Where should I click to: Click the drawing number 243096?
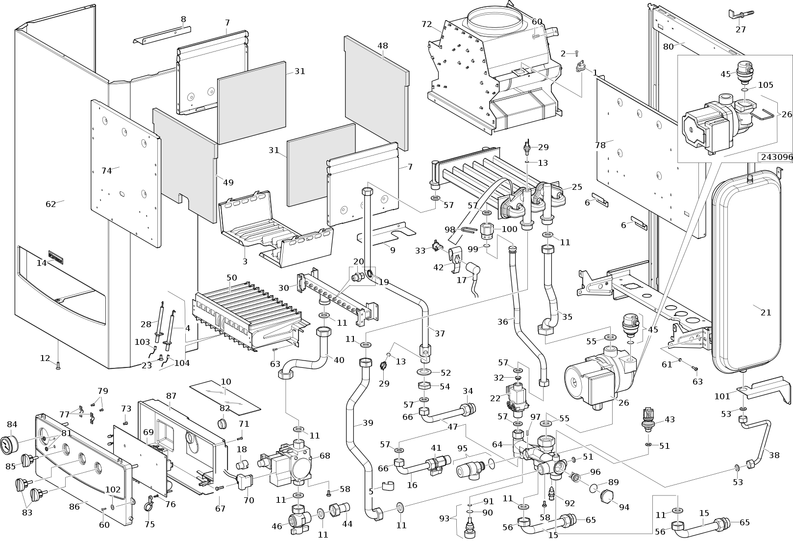pos(775,157)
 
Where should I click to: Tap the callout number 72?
pos(426,24)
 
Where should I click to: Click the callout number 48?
pos(383,46)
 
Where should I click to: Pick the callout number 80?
pos(669,47)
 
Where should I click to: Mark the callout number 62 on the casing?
pos(51,204)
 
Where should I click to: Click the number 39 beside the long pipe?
pos(368,423)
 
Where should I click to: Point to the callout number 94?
pos(624,507)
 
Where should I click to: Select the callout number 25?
pos(577,187)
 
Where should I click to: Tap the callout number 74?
pos(106,171)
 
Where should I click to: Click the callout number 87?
pos(171,395)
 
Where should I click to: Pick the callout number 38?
pos(774,455)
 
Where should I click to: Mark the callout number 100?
pos(509,229)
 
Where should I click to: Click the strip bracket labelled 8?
pos(162,34)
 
